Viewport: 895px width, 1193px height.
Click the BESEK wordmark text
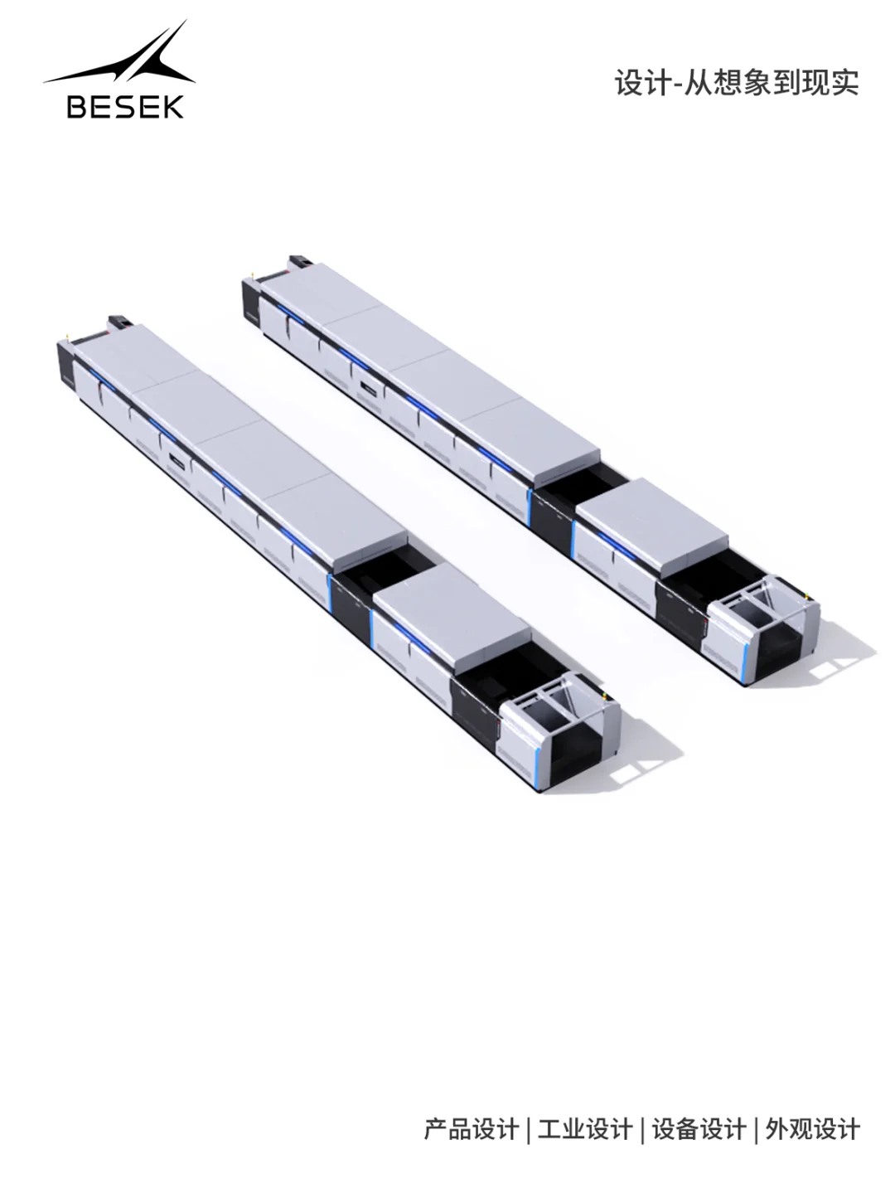point(125,106)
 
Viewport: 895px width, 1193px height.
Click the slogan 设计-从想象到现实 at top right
point(737,83)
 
